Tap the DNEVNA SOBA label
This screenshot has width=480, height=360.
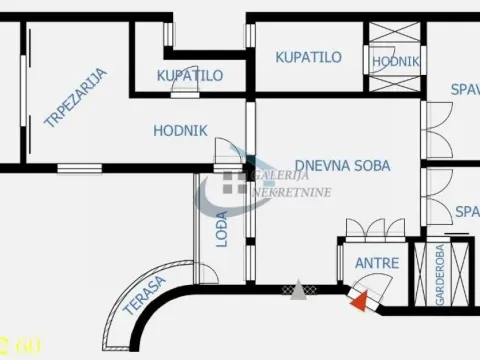pyautogui.click(x=342, y=166)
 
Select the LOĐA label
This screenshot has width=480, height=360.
pyautogui.click(x=222, y=229)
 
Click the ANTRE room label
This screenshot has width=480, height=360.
pyautogui.click(x=377, y=264)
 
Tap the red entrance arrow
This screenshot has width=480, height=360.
pyautogui.click(x=360, y=295)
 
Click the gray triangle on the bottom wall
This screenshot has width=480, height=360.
pyautogui.click(x=297, y=291)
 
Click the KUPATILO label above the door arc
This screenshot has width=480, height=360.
pyautogui.click(x=190, y=75)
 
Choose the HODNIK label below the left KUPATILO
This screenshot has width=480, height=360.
pyautogui.click(x=180, y=129)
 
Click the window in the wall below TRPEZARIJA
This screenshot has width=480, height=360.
pyautogui.click(x=78, y=164)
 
